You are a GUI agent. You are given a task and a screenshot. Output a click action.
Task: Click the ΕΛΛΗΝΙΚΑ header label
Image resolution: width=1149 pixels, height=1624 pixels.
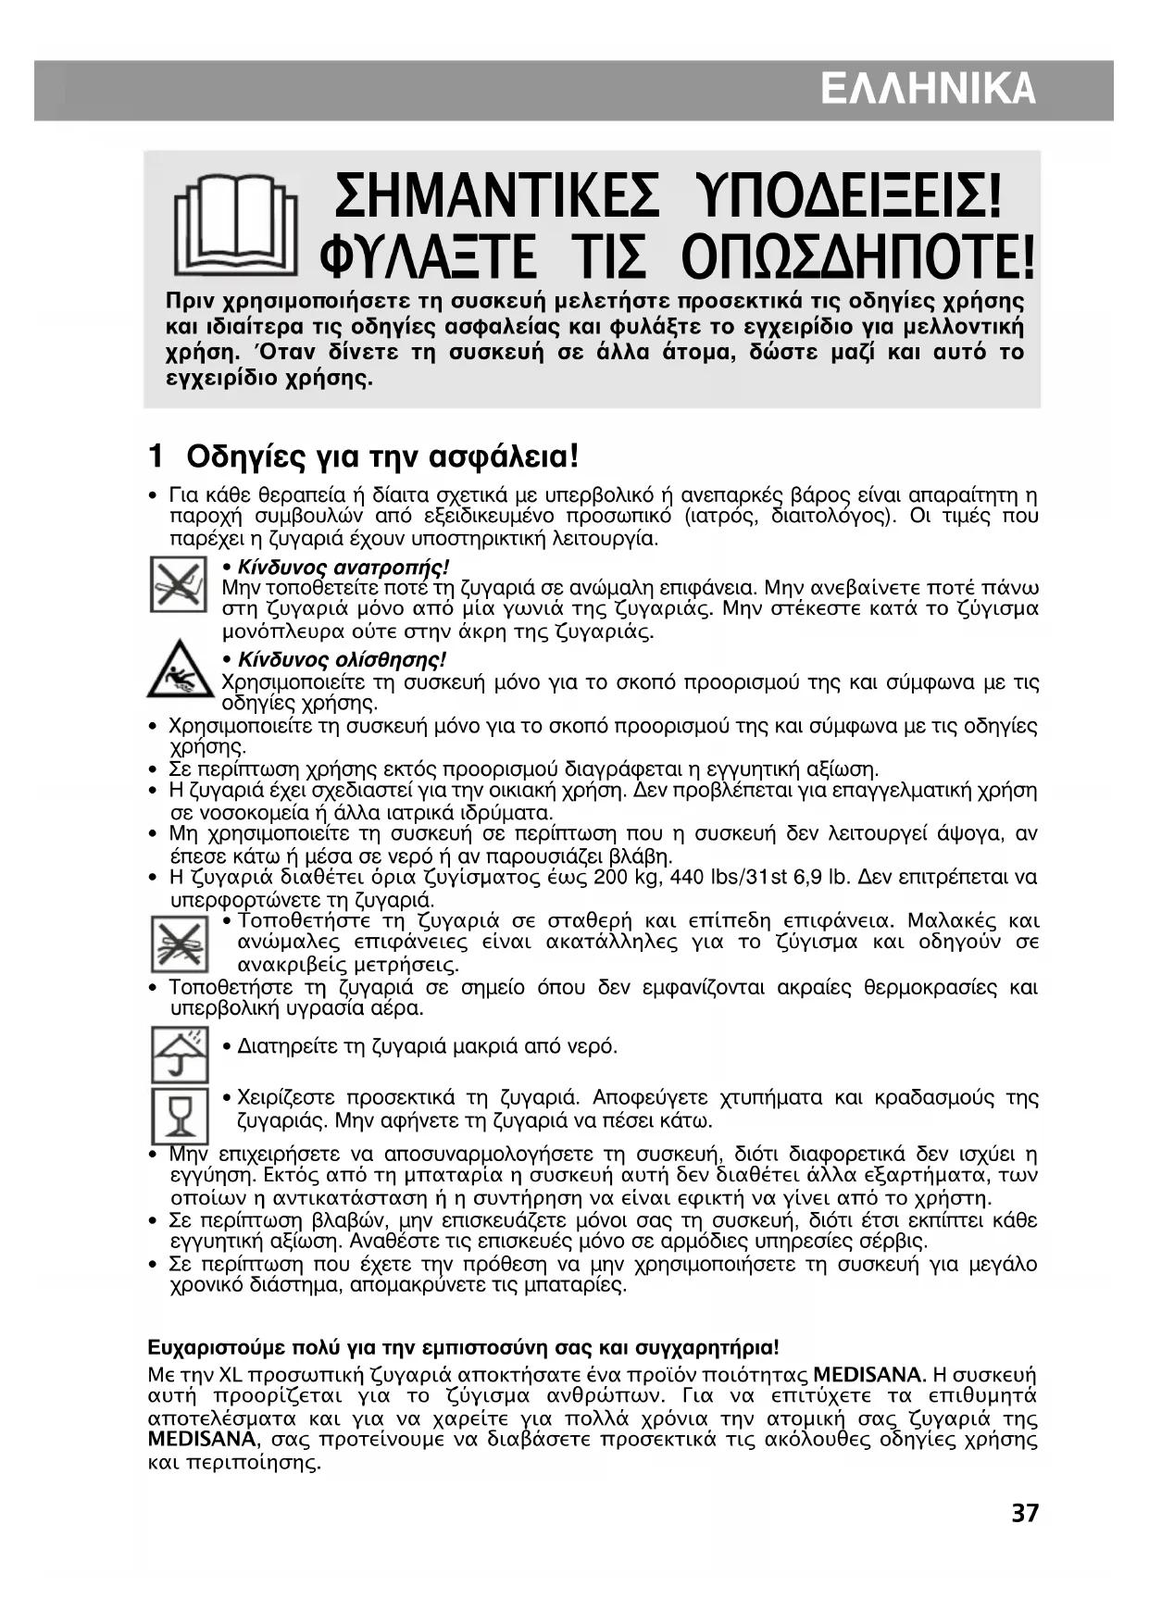[x=927, y=91]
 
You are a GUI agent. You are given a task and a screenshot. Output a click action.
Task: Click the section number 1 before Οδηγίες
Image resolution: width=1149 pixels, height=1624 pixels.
[x=156, y=456]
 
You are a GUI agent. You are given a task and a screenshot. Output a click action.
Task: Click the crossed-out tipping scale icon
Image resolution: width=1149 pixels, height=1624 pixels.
[x=179, y=584]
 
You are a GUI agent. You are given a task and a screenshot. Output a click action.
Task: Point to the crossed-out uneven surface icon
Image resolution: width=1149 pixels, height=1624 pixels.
[x=179, y=943]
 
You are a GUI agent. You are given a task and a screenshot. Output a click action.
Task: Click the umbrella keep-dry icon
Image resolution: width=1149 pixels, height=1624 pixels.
[x=180, y=1054]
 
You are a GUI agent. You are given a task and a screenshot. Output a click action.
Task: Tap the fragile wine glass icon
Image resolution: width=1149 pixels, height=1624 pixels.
[x=180, y=1115]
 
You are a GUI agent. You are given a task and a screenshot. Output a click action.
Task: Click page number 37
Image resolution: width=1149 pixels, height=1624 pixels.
[x=1024, y=1514]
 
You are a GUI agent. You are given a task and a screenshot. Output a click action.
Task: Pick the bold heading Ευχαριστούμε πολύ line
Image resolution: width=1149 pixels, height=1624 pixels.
[x=463, y=1346]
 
